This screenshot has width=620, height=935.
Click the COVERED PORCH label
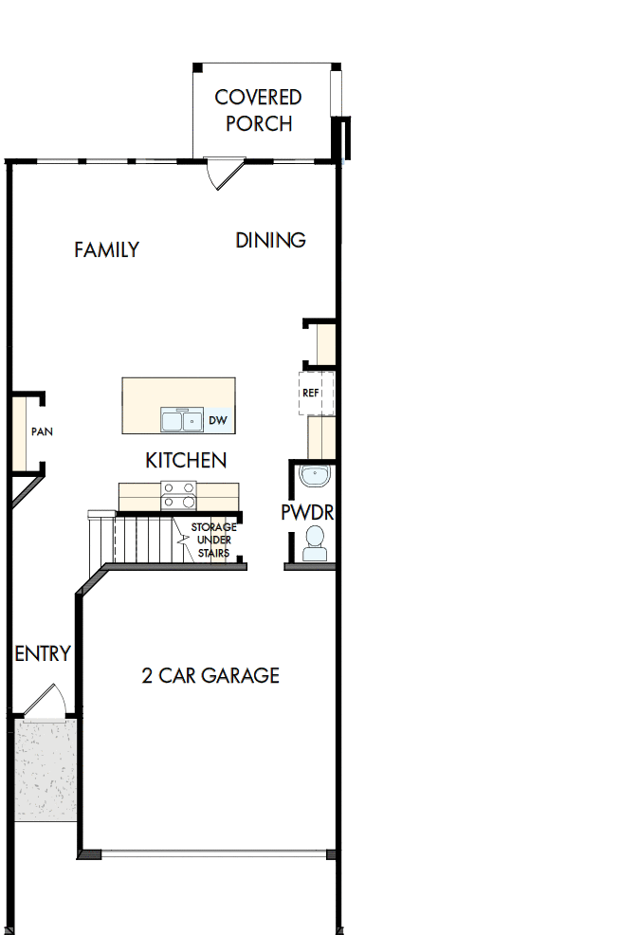pyautogui.click(x=258, y=110)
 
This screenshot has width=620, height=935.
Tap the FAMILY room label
pyautogui.click(x=106, y=249)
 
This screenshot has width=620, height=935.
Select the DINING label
pyautogui.click(x=270, y=240)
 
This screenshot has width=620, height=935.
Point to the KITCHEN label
pyautogui.click(x=186, y=460)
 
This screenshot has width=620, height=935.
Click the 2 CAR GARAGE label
pyautogui.click(x=210, y=675)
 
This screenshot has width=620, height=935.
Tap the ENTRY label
pyautogui.click(x=43, y=653)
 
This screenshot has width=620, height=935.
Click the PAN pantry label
pyautogui.click(x=41, y=431)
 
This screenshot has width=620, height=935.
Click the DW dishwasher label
pyautogui.click(x=217, y=420)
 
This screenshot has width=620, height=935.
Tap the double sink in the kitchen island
pyautogui.click(x=180, y=419)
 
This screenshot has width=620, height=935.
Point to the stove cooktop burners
pyautogui.click(x=178, y=496)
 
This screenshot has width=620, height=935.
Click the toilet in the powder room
pyautogui.click(x=314, y=543)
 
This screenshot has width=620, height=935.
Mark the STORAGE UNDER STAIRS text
pyautogui.click(x=213, y=540)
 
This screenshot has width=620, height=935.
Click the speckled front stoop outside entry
pyautogui.click(x=46, y=768)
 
